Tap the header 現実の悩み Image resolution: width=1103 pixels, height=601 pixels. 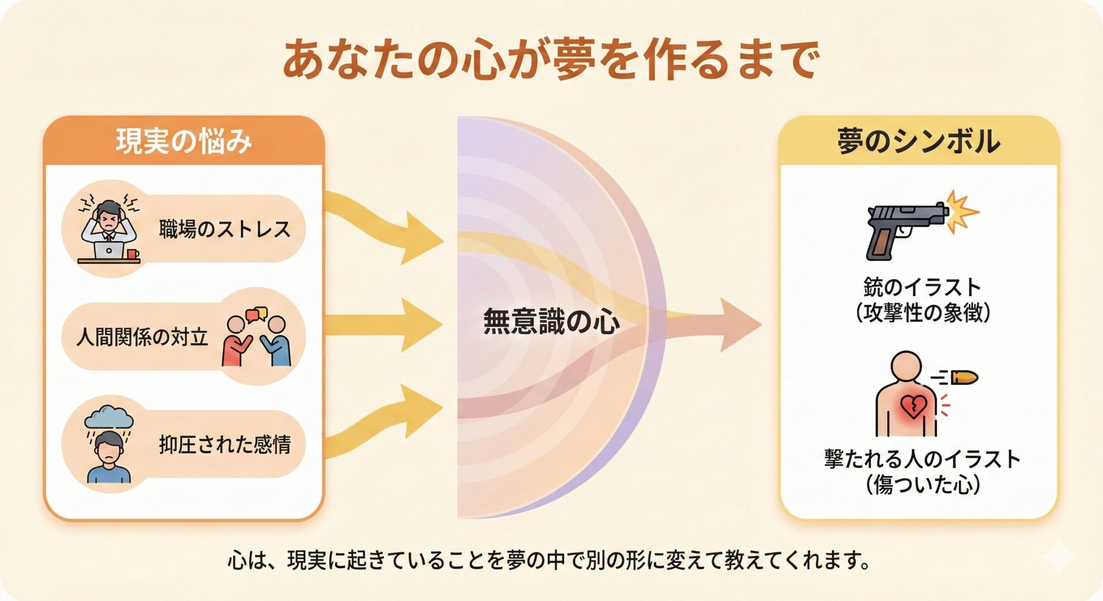point(184,142)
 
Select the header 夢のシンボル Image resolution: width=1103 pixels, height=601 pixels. point(919,142)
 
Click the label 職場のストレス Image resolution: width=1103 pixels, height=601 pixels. point(224,229)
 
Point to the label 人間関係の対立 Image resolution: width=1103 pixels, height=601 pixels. point(142,337)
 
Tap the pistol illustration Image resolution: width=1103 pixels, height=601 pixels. point(905,230)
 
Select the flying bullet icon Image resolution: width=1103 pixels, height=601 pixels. point(963,378)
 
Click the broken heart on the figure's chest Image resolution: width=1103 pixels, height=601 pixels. point(913,407)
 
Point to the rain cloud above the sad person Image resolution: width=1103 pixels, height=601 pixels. point(109,418)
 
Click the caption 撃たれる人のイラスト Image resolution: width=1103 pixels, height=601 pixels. point(922,459)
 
